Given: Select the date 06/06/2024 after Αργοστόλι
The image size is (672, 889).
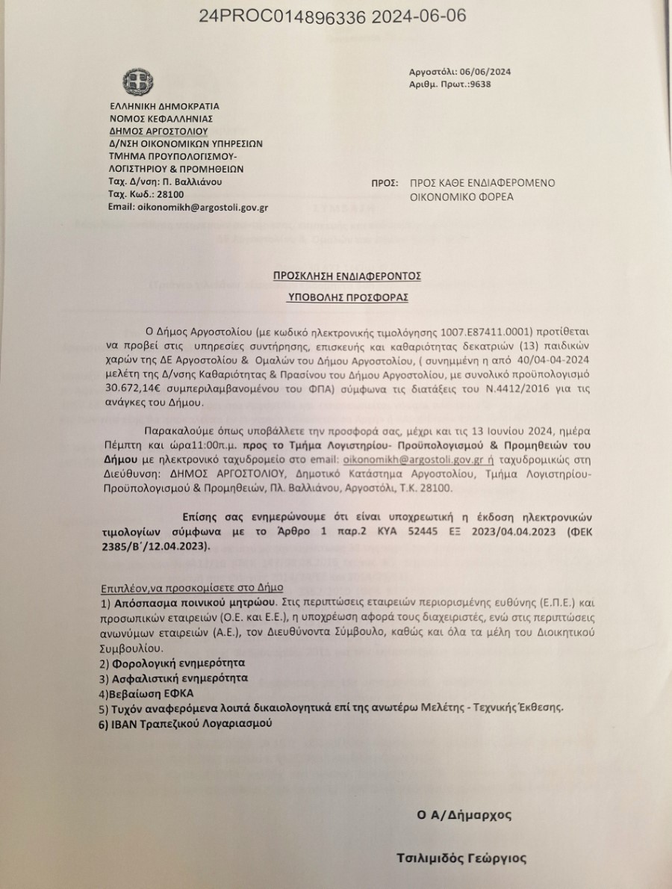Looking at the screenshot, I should (x=487, y=71).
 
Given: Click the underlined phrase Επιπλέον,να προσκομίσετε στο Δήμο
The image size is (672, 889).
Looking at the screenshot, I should (x=192, y=588).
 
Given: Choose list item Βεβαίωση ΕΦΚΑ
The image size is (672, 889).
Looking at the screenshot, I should (x=142, y=693).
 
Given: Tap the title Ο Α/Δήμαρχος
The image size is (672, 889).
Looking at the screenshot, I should (x=464, y=814).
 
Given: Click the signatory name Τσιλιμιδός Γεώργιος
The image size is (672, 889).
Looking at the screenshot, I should (x=461, y=858).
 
